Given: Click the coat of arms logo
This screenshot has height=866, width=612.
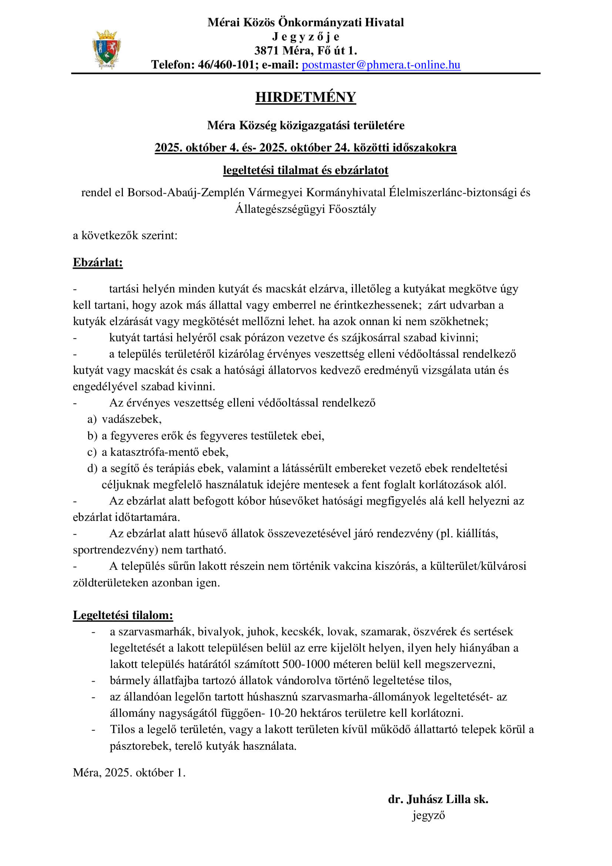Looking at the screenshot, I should pos(107,49).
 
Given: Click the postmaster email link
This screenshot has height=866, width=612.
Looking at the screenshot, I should pos(381,65).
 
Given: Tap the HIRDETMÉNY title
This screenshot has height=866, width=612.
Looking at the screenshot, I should pos(306,97).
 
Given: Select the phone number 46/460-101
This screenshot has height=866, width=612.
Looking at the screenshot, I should pos(226,65).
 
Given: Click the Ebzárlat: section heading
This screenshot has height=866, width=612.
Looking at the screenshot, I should pos(98,263).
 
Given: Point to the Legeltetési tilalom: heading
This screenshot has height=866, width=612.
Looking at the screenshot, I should pos(123,615).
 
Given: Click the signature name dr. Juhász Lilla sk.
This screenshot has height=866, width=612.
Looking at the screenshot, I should pos(438,799).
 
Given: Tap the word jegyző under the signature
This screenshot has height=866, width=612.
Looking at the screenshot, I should pos(428,815).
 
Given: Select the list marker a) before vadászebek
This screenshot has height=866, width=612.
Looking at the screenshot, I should pos(91,419).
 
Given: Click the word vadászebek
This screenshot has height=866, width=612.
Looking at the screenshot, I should pos(131,419).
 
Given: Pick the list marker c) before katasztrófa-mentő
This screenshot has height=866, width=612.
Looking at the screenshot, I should pos(91,452).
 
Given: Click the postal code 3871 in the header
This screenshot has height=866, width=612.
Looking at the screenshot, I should pos(266,51).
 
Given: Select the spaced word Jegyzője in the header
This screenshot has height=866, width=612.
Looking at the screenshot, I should pos(306,37).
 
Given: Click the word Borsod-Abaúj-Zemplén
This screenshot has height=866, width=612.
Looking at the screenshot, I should pos(186,193).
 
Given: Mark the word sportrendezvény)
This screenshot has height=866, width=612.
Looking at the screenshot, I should pos(116,550).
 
